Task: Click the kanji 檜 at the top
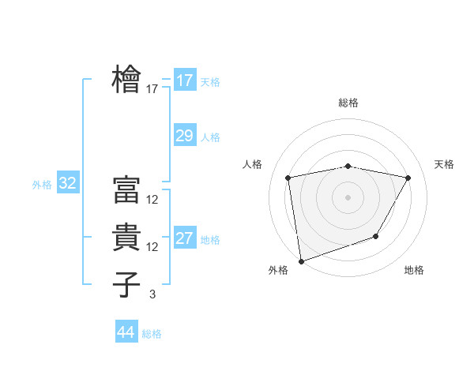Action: pos(128,80)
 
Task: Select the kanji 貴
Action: pos(128,237)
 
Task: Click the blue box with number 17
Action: pos(184,80)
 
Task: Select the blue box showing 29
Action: pos(184,136)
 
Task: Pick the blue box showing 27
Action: pos(184,239)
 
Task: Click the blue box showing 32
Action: pos(67,184)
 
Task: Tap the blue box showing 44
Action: pos(126,332)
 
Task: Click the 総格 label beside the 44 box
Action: pos(152,334)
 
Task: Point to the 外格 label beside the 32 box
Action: pos(42,185)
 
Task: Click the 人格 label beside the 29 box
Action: pos(210,137)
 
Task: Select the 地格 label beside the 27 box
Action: pos(210,240)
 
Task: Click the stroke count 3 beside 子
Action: pos(152,294)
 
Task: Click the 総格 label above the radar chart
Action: pos(348,103)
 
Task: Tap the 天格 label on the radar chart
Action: pos(444,164)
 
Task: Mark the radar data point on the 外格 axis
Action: pos(301,260)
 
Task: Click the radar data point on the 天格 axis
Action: pos(408,178)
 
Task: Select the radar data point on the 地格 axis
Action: pos(376,236)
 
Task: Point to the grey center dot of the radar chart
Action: pos(348,197)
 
